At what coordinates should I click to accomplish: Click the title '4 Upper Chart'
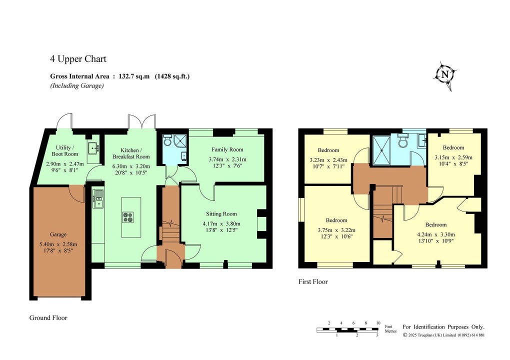(78, 59)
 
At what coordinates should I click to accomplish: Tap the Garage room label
(58, 234)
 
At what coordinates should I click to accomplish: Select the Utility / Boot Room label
(65, 150)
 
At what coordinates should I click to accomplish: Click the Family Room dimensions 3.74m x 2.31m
(227, 159)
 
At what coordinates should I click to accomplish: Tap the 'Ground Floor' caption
(48, 317)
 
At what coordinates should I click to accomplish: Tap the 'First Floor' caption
(313, 281)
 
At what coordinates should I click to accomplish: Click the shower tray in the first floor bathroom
(383, 147)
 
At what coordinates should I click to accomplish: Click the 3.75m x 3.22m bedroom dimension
(336, 230)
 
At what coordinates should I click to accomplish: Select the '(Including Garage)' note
(76, 86)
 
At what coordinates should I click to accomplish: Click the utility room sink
(92, 148)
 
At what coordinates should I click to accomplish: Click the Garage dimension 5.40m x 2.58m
(58, 244)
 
